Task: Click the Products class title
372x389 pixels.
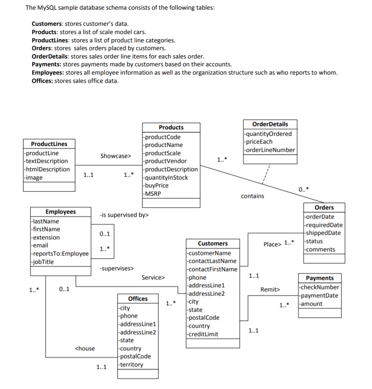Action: [x=171, y=128]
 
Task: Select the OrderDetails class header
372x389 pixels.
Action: [x=270, y=124]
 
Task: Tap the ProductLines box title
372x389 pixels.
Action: [x=49, y=144]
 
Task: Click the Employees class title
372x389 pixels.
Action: [x=61, y=212]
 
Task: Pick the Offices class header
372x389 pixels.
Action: [x=137, y=299]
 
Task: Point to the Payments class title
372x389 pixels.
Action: [x=320, y=278]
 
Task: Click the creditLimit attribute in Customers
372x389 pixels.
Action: [x=203, y=334]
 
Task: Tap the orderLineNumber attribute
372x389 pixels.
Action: [x=270, y=150]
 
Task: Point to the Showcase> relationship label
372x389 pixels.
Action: [x=115, y=156]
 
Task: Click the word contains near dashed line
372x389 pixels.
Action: [x=252, y=196]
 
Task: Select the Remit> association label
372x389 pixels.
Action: [x=270, y=290]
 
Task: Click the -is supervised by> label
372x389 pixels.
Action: [x=124, y=215]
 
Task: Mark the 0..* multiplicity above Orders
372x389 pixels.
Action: [x=303, y=190]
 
